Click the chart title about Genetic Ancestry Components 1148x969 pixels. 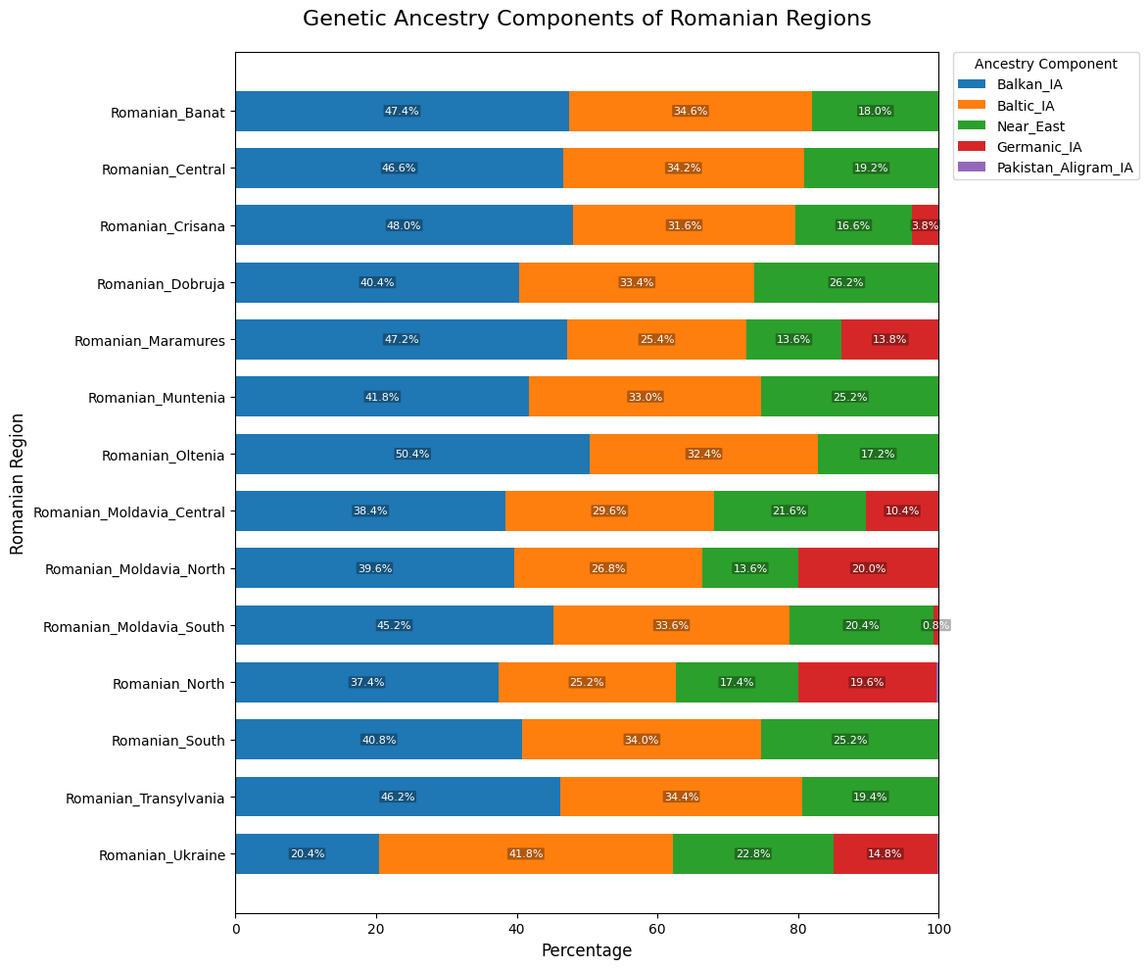click(x=587, y=19)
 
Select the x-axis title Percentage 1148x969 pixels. click(x=587, y=950)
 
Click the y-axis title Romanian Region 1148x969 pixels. click(x=18, y=484)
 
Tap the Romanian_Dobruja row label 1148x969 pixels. click(x=161, y=283)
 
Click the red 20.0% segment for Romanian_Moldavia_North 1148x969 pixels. click(x=869, y=568)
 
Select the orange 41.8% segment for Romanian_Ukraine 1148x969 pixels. click(x=526, y=854)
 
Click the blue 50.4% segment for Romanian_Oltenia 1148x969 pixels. click(x=412, y=455)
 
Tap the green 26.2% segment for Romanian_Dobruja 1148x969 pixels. click(x=846, y=283)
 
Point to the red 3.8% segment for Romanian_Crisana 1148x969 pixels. click(x=926, y=225)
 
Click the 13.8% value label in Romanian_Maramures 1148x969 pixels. click(x=889, y=340)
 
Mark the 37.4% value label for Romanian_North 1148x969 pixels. click(x=366, y=683)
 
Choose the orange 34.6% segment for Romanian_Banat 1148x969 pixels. click(x=691, y=112)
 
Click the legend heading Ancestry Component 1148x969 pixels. click(x=1045, y=64)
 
